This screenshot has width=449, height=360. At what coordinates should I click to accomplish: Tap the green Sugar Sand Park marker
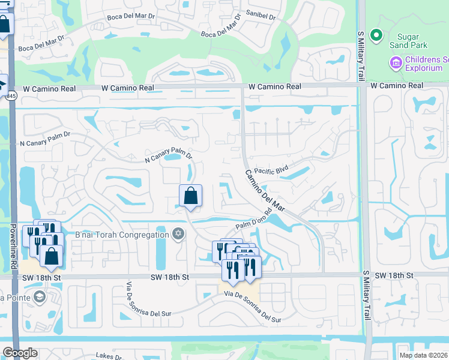click(376, 36)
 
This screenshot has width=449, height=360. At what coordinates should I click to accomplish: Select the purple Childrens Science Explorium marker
click(396, 62)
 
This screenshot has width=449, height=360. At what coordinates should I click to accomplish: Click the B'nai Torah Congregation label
click(122, 234)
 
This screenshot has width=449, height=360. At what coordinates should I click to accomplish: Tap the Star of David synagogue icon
click(178, 234)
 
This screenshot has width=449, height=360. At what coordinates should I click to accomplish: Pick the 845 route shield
click(13, 94)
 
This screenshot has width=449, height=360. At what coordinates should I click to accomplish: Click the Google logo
click(20, 353)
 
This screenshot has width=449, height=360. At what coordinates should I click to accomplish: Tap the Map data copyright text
click(423, 355)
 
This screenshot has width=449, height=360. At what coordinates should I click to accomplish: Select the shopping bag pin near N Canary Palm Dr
click(190, 196)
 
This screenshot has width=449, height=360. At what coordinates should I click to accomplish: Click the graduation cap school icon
click(39, 296)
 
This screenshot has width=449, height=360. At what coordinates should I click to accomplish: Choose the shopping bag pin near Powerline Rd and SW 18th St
click(52, 255)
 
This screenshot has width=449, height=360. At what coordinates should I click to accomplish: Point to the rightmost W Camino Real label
click(397, 86)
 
